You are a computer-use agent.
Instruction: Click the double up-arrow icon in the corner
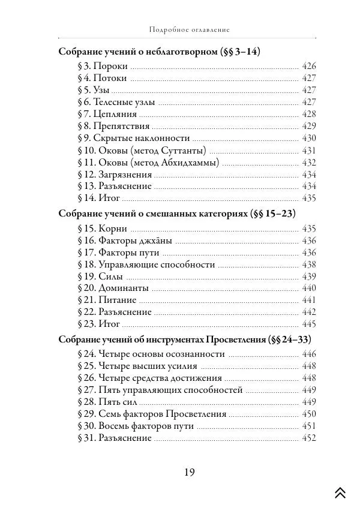(x=340, y=492)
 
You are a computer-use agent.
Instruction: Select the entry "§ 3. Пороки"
(x=102, y=66)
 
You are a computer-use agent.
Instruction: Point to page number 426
(x=308, y=66)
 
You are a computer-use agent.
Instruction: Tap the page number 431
(x=308, y=150)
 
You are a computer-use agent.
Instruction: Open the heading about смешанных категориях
(x=177, y=214)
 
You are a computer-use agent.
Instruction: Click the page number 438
(x=308, y=264)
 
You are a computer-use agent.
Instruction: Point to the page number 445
(x=308, y=324)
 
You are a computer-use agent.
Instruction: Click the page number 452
(x=308, y=438)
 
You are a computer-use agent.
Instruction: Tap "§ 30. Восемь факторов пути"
(x=136, y=426)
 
